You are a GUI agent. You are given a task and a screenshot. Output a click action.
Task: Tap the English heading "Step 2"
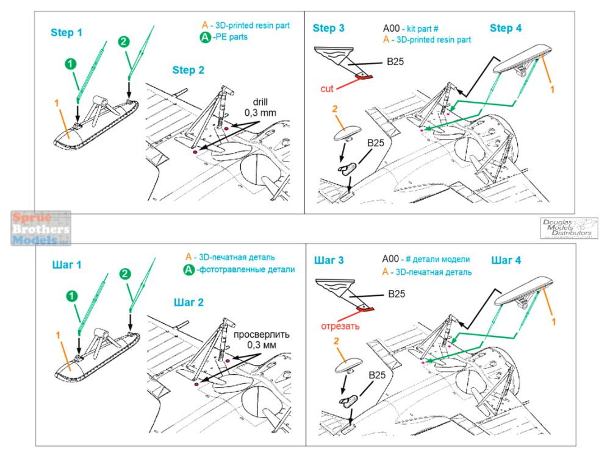tap(188, 70)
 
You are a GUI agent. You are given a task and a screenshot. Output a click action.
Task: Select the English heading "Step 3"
tap(329, 28)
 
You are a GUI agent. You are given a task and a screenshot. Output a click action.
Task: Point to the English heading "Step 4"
tap(506, 28)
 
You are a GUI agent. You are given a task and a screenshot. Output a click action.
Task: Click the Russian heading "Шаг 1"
tap(67, 265)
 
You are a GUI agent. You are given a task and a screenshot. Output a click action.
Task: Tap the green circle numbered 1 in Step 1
tap(71, 63)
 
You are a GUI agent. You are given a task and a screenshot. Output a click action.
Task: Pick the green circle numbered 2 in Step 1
tap(123, 41)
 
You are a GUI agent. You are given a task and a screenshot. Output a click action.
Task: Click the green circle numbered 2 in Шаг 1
tap(123, 274)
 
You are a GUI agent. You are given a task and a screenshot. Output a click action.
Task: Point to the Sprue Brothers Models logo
tap(40, 228)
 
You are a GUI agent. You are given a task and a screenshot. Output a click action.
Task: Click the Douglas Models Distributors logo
tap(569, 228)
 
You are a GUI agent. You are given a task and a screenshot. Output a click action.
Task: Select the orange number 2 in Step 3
tap(334, 108)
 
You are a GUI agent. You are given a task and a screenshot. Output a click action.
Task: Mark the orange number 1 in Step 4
tap(552, 90)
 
